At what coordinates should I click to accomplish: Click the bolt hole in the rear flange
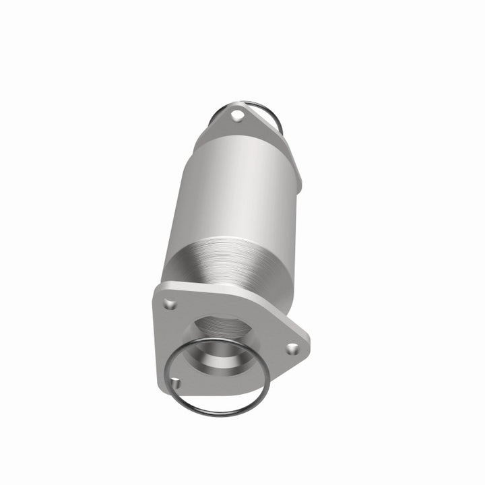click(x=236, y=116)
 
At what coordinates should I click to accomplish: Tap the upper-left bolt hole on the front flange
click(x=170, y=304)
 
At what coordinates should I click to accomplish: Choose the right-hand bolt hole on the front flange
click(x=292, y=349)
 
